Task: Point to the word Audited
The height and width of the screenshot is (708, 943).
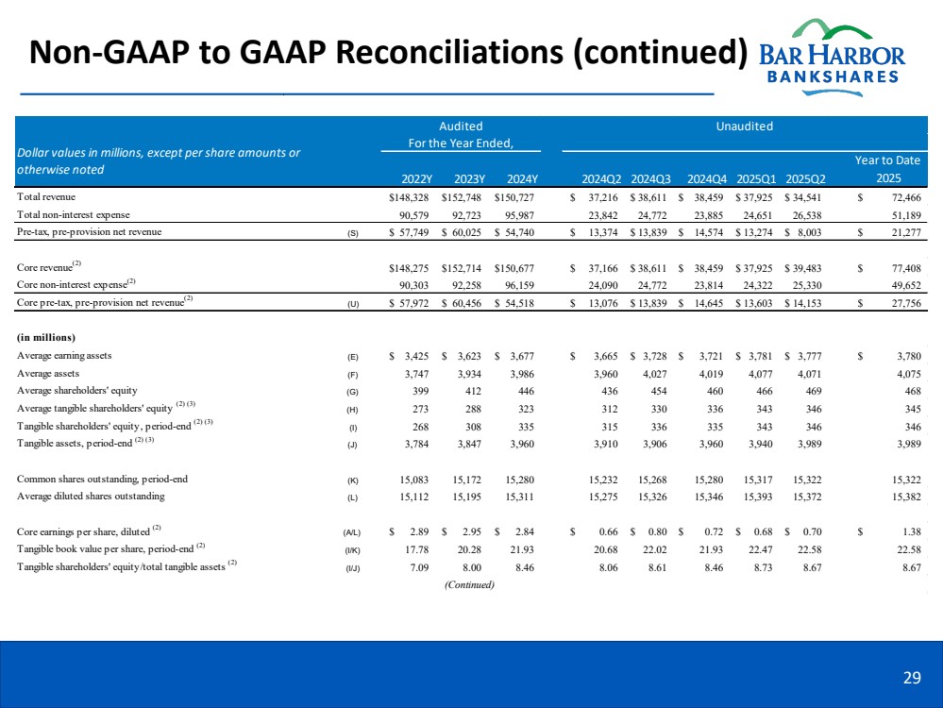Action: click(462, 126)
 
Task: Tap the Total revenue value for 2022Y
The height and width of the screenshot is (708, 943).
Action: click(411, 196)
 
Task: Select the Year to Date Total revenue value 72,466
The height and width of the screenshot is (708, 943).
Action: click(901, 196)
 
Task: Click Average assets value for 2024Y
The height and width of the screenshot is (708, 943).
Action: click(518, 373)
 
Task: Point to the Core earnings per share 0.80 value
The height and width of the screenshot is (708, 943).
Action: click(654, 531)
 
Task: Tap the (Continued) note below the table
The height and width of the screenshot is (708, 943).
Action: click(469, 583)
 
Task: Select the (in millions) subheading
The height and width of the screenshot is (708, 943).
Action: click(45, 337)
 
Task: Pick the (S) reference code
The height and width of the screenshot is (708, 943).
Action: click(353, 232)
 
